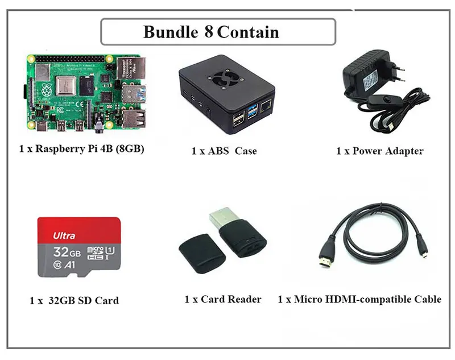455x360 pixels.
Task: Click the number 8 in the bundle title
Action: point(208,31)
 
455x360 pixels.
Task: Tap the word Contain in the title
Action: point(248,31)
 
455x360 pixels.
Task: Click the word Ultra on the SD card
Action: point(64,235)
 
